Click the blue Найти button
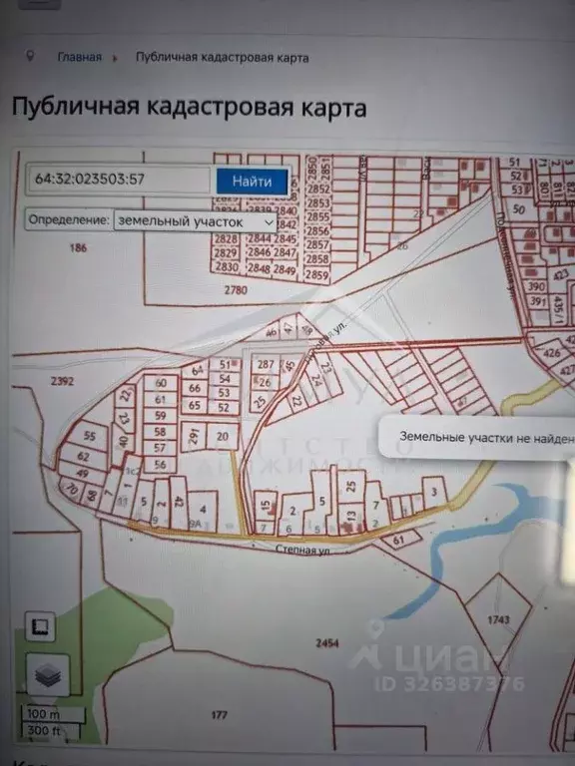(x=252, y=181)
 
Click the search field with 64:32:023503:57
(x=119, y=181)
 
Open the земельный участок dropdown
(x=196, y=219)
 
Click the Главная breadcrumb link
(x=79, y=57)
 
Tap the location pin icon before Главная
(x=31, y=56)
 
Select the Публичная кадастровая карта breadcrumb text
(x=222, y=57)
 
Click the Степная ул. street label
(x=305, y=548)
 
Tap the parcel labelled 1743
(x=499, y=619)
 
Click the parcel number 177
(x=220, y=715)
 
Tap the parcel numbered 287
(x=265, y=365)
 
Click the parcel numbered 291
(x=194, y=435)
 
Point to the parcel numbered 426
(x=550, y=352)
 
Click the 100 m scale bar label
(x=43, y=714)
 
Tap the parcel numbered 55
(x=90, y=436)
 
